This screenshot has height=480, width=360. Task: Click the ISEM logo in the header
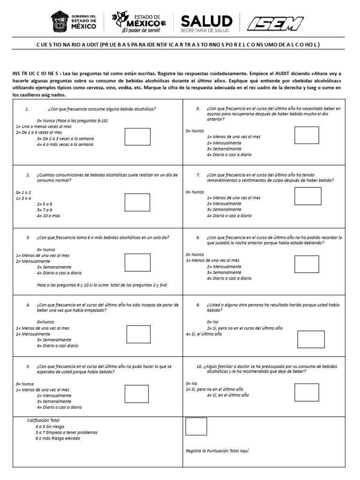coord(275,23)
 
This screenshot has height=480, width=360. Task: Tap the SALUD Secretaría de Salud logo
coord(206,23)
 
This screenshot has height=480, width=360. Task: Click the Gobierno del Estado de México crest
coord(60,22)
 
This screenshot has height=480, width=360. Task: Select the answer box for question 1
coord(137,136)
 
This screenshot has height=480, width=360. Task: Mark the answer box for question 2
coord(137,202)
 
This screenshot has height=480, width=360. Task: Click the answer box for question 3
coord(137,262)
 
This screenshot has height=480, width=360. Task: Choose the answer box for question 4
coord(139,334)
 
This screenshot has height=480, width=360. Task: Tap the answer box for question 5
coord(137,394)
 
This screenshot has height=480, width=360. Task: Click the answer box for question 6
coord(307,135)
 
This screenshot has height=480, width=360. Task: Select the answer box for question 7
coord(308,196)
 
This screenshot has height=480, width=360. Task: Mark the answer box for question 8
coord(307,264)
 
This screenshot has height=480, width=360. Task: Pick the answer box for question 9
coord(311,339)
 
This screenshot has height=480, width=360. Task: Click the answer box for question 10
coord(307,392)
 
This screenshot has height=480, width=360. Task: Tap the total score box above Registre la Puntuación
coord(196,426)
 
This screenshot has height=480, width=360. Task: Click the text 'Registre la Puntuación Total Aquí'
coord(217,450)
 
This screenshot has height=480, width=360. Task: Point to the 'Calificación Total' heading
coord(43,420)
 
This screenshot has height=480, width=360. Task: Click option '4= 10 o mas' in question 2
coord(48,216)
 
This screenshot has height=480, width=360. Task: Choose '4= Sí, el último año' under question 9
coord(204,334)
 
